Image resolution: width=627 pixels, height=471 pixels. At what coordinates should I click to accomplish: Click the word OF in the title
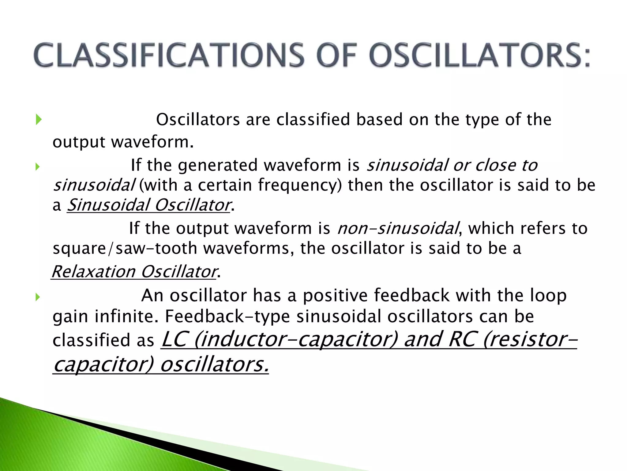point(337,55)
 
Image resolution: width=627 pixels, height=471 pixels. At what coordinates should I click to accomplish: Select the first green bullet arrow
point(38,119)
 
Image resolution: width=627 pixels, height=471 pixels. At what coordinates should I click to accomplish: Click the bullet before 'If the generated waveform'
point(38,167)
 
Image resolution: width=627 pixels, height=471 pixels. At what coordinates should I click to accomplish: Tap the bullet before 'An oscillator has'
point(38,297)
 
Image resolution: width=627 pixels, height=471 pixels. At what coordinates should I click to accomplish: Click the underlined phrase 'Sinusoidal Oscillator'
point(149,205)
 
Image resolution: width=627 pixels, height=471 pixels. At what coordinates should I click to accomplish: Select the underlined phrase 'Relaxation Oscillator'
point(134,272)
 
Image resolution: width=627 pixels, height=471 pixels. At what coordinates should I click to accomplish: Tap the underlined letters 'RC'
point(462,339)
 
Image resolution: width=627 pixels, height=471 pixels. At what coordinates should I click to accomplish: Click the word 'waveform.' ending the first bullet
point(152,142)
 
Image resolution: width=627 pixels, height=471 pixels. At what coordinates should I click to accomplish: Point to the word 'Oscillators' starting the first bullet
point(198,120)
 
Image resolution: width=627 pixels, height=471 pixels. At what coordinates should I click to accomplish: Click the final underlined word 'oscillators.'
point(214,364)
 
